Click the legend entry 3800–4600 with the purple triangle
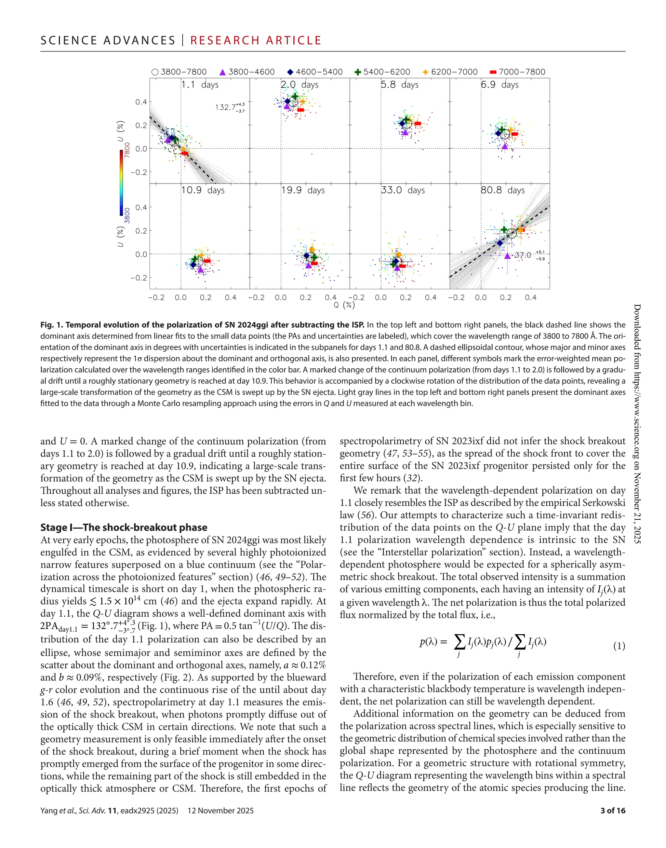point(247,72)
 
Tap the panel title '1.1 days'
point(200,85)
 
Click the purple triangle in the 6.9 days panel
point(505,146)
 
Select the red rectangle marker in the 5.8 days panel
point(418,124)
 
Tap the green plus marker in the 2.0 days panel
point(295,96)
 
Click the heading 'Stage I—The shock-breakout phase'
point(124,527)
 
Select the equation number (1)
point(619,646)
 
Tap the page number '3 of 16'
point(613,811)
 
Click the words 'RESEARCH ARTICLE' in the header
point(256,41)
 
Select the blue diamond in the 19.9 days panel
point(306,256)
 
